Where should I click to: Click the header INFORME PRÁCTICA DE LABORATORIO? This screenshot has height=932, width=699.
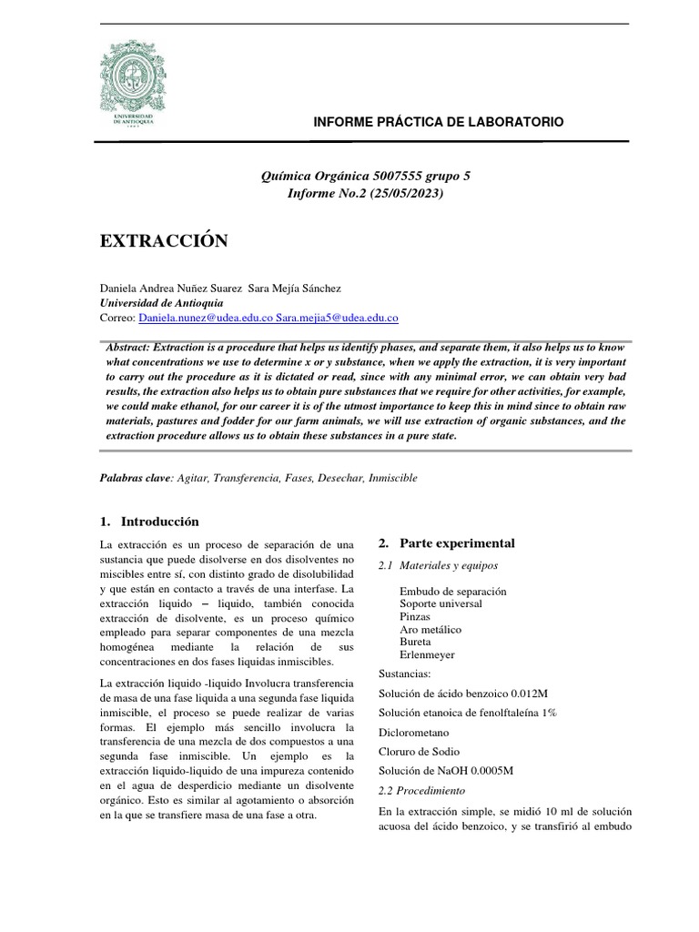[x=438, y=122]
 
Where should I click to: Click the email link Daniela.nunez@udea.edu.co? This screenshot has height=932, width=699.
[x=205, y=319]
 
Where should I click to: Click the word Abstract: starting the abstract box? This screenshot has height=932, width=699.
[x=128, y=349]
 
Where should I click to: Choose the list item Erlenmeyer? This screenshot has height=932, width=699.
[x=427, y=654]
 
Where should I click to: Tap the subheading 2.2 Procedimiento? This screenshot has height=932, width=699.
[x=420, y=790]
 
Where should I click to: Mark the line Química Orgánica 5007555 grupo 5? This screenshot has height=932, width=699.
[x=365, y=177]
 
